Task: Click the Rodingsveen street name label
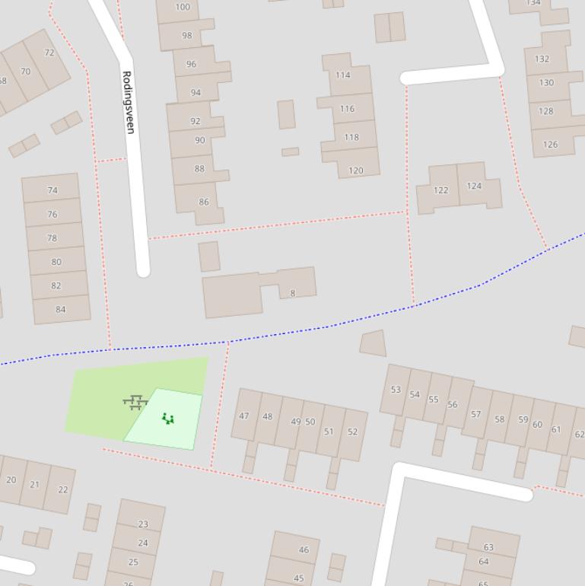(x=128, y=102)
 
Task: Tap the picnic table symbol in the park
(x=135, y=402)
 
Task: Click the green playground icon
(x=168, y=418)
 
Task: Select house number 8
(x=292, y=293)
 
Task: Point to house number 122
(x=440, y=190)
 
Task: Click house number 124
(x=474, y=186)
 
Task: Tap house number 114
(x=343, y=75)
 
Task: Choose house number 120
(x=355, y=170)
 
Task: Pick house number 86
(x=203, y=202)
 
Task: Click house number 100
(x=183, y=8)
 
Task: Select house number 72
(x=49, y=53)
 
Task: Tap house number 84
(x=61, y=309)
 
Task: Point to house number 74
(x=52, y=190)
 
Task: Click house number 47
(x=244, y=416)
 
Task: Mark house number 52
(x=352, y=432)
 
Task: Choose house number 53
(x=396, y=390)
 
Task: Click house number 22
(x=62, y=489)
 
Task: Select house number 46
(x=304, y=549)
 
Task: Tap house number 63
(x=488, y=547)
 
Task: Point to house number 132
(x=542, y=59)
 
